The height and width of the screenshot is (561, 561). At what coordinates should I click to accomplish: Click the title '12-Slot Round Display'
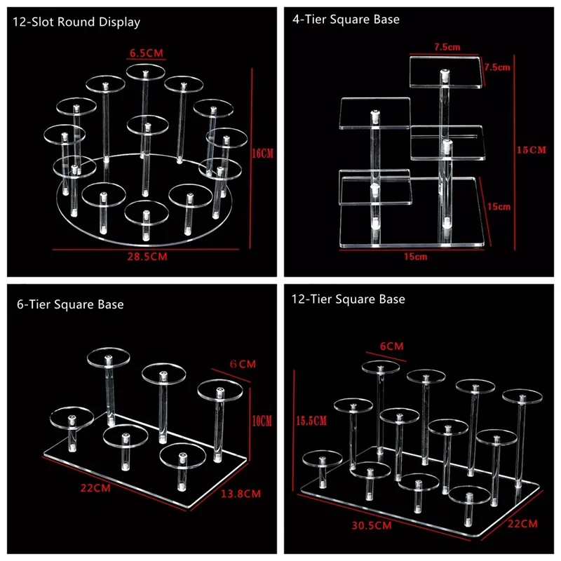76,22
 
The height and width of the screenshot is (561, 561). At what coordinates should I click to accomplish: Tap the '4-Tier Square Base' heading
346,20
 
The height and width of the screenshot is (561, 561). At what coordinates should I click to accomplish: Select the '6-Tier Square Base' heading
70,304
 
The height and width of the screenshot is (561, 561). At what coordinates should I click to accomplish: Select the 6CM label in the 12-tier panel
391,346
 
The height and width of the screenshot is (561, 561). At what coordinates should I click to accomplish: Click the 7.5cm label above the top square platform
446,47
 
